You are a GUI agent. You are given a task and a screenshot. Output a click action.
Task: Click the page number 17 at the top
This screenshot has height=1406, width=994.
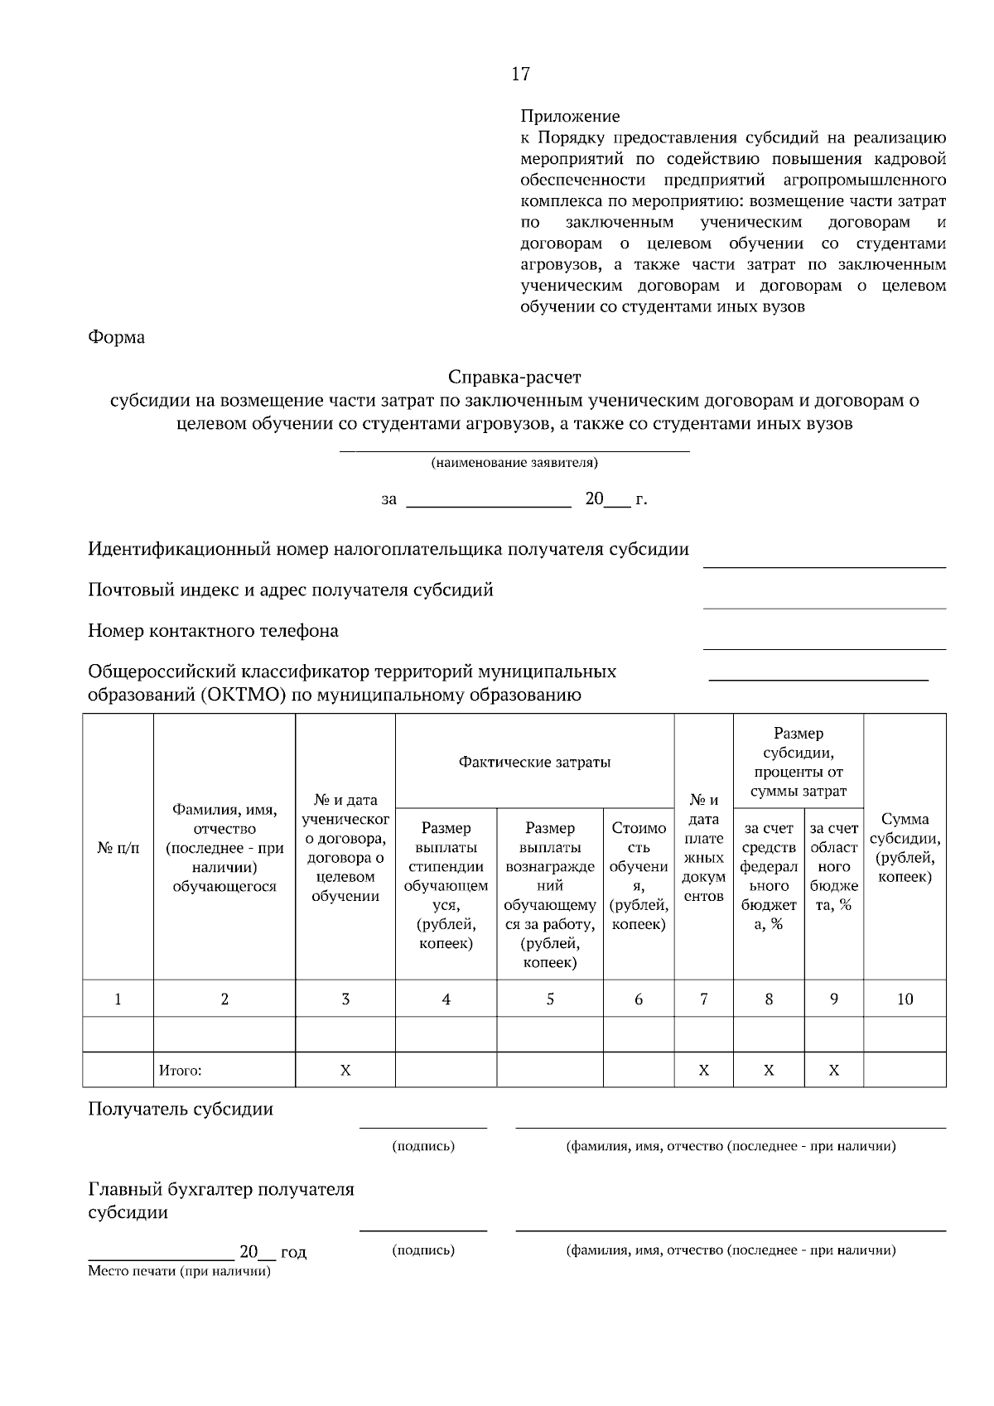coord(520,75)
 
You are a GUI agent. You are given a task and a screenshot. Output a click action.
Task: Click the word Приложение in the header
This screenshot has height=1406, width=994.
coord(570,117)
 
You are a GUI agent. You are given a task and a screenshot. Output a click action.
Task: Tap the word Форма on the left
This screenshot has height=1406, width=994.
coord(117,338)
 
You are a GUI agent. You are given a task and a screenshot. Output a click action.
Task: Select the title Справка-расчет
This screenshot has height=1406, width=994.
coord(514,378)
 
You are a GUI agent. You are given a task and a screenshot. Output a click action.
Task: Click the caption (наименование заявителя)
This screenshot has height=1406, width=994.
coord(514,463)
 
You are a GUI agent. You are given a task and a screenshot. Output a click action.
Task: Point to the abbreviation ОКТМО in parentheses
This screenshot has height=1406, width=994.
coord(244,695)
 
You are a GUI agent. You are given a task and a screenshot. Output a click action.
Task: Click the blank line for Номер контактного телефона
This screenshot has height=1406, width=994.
coord(824,648)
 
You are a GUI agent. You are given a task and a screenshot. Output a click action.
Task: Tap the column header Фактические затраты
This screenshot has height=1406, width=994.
coord(535,763)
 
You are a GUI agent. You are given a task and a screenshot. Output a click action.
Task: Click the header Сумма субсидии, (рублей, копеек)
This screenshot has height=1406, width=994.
coord(905,847)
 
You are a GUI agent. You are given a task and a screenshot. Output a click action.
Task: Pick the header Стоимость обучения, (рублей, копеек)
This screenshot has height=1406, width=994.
coord(639,876)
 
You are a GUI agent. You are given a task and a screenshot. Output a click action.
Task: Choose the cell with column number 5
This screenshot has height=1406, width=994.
coord(550,999)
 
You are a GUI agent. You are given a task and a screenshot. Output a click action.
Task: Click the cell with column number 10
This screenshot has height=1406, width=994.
coord(905,999)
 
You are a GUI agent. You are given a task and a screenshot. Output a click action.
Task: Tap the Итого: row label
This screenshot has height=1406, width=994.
coord(181,1071)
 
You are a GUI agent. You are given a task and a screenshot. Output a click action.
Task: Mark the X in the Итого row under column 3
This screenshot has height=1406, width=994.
coord(345,1071)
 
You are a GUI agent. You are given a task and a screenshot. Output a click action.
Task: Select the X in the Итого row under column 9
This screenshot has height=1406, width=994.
coord(833,1071)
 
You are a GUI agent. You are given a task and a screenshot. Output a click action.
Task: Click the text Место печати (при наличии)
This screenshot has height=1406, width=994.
coord(180,1271)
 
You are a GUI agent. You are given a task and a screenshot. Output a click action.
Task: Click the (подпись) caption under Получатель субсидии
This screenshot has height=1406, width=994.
coord(423,1147)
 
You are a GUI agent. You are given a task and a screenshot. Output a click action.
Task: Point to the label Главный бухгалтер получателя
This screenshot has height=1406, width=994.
coord(221,1190)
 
